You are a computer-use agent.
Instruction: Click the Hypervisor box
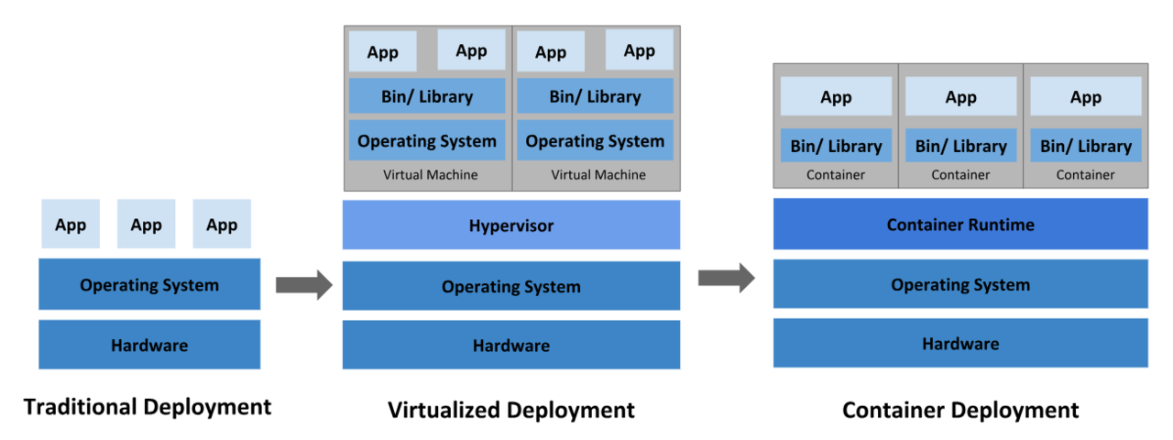[511, 225]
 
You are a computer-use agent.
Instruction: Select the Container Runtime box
[960, 224]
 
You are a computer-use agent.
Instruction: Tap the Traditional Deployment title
[148, 406]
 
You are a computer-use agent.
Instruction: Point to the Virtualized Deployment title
[511, 409]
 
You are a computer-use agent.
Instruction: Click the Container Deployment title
[960, 409]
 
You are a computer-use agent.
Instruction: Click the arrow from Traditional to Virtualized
[303, 285]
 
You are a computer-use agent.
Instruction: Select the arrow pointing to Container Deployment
[726, 278]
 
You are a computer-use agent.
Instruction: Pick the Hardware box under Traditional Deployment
[149, 345]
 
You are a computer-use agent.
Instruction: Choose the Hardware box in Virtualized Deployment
[511, 345]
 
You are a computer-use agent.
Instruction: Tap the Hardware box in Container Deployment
[960, 343]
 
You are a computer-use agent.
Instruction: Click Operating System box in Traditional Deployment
[149, 284]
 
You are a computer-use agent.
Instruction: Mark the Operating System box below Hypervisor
[511, 286]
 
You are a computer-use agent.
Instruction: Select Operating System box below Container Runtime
[960, 284]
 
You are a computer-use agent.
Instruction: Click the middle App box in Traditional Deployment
[146, 225]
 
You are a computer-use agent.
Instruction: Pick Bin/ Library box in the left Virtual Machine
[427, 96]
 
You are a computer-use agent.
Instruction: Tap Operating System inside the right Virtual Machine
[595, 140]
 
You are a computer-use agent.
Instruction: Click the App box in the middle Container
[960, 96]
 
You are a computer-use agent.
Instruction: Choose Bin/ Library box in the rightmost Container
[1086, 145]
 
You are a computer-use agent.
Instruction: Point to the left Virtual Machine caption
[430, 174]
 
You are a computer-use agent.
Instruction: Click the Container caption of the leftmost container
[836, 174]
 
